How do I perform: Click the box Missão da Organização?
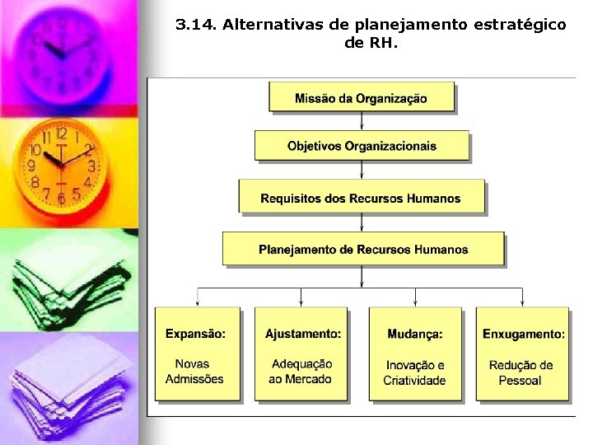tap(362, 98)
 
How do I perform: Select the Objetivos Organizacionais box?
tap(362, 147)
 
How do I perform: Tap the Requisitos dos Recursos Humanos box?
tap(361, 198)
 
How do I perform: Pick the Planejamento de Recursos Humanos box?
tap(363, 249)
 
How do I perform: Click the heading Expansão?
tap(195, 334)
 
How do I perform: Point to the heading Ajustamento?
tap(302, 334)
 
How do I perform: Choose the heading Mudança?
tap(415, 334)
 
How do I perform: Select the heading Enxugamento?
tap(524, 334)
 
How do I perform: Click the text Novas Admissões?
tap(195, 372)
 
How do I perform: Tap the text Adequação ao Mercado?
tap(301, 372)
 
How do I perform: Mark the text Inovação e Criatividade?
tap(414, 372)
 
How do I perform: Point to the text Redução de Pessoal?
tap(521, 372)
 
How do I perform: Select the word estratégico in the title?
tap(520, 25)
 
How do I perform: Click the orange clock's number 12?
tap(61, 133)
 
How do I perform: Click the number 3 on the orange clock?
tap(91, 166)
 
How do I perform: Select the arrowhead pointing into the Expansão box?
tap(198, 303)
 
